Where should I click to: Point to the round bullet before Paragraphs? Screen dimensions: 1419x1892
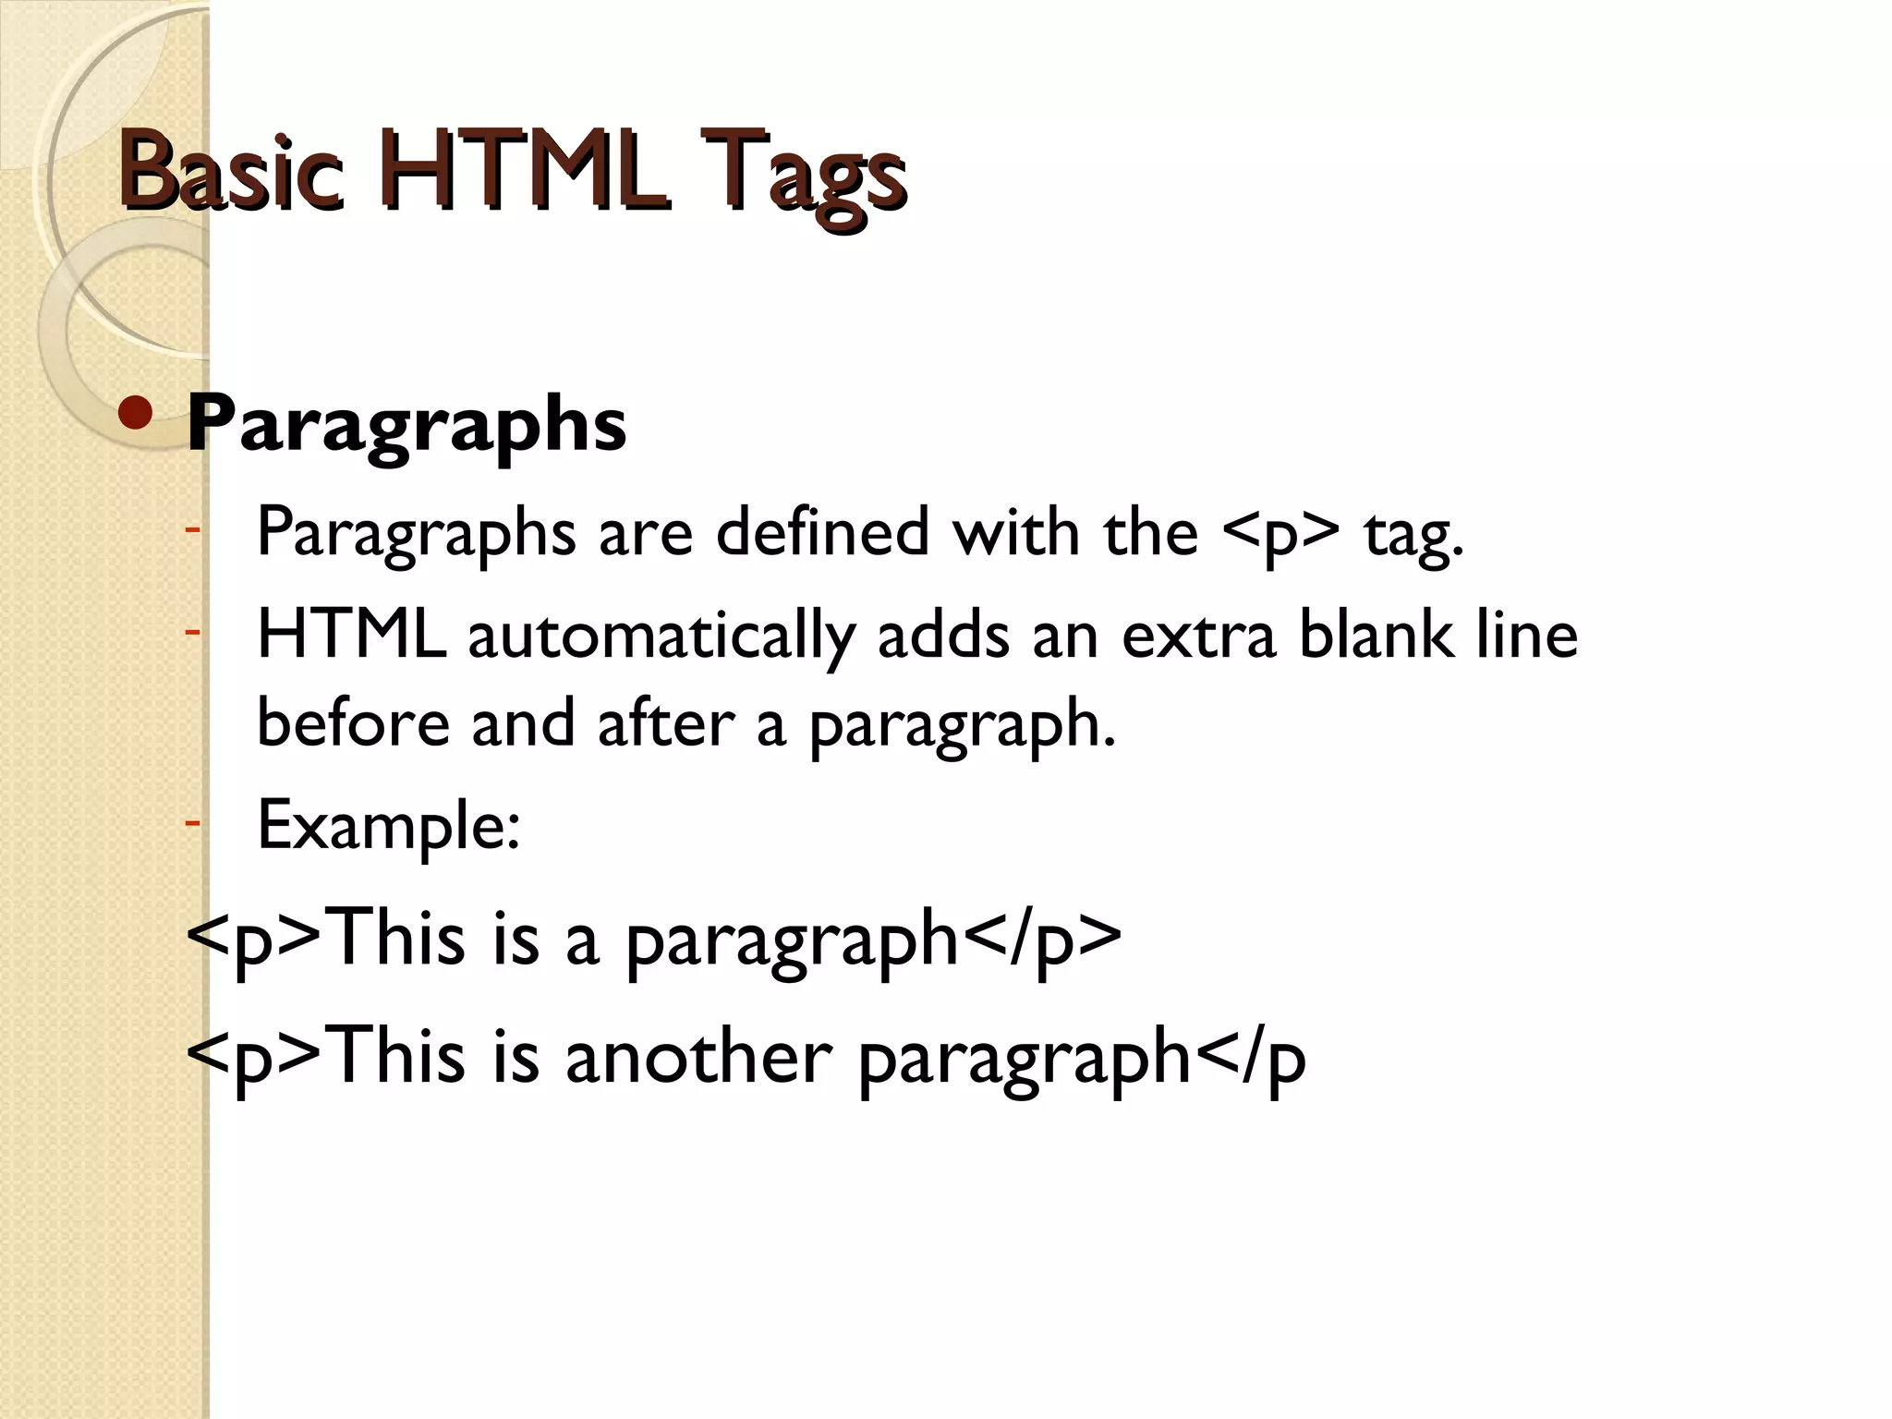tap(136, 416)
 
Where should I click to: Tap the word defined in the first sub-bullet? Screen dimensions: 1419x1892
tap(822, 532)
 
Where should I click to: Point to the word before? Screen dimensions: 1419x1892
tap(353, 722)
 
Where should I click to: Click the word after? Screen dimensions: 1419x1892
tap(666, 722)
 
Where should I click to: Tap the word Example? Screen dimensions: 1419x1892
tap(389, 825)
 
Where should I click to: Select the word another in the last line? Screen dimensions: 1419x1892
tap(698, 1057)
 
